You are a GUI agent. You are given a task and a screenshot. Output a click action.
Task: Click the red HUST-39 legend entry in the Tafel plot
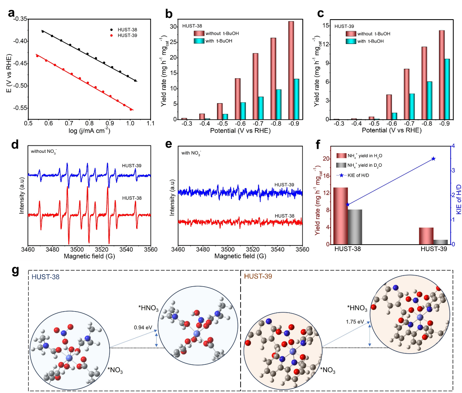[127, 35]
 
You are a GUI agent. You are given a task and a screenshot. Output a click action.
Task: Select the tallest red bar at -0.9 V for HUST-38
[291, 70]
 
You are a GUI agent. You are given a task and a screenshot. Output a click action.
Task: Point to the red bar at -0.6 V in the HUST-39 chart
[389, 107]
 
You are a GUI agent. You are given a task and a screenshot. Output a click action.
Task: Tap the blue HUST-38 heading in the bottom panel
[44, 276]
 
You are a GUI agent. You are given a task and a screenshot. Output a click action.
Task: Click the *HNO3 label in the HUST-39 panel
[357, 308]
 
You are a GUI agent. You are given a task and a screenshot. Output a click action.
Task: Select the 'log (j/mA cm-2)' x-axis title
[89, 131]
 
